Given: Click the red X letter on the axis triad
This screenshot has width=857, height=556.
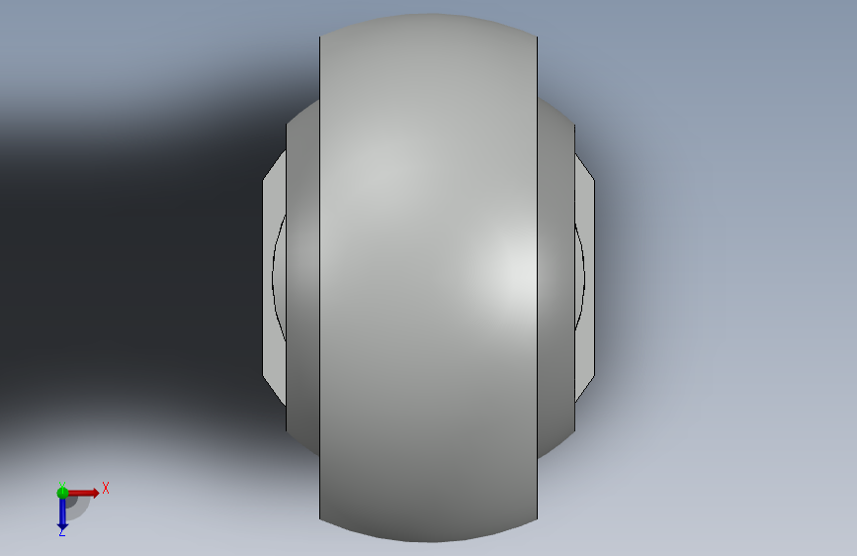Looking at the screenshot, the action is (x=106, y=488).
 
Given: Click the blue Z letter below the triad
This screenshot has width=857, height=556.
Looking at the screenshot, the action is (x=61, y=531).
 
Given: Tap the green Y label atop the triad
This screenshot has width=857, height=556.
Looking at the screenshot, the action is (x=61, y=486).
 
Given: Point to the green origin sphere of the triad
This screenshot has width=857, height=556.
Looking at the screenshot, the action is (x=62, y=493).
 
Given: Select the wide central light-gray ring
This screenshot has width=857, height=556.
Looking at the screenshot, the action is (x=429, y=277).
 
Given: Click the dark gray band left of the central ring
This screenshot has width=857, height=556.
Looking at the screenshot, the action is (x=302, y=277).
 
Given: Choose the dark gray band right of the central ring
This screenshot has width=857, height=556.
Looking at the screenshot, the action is (x=556, y=277).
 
